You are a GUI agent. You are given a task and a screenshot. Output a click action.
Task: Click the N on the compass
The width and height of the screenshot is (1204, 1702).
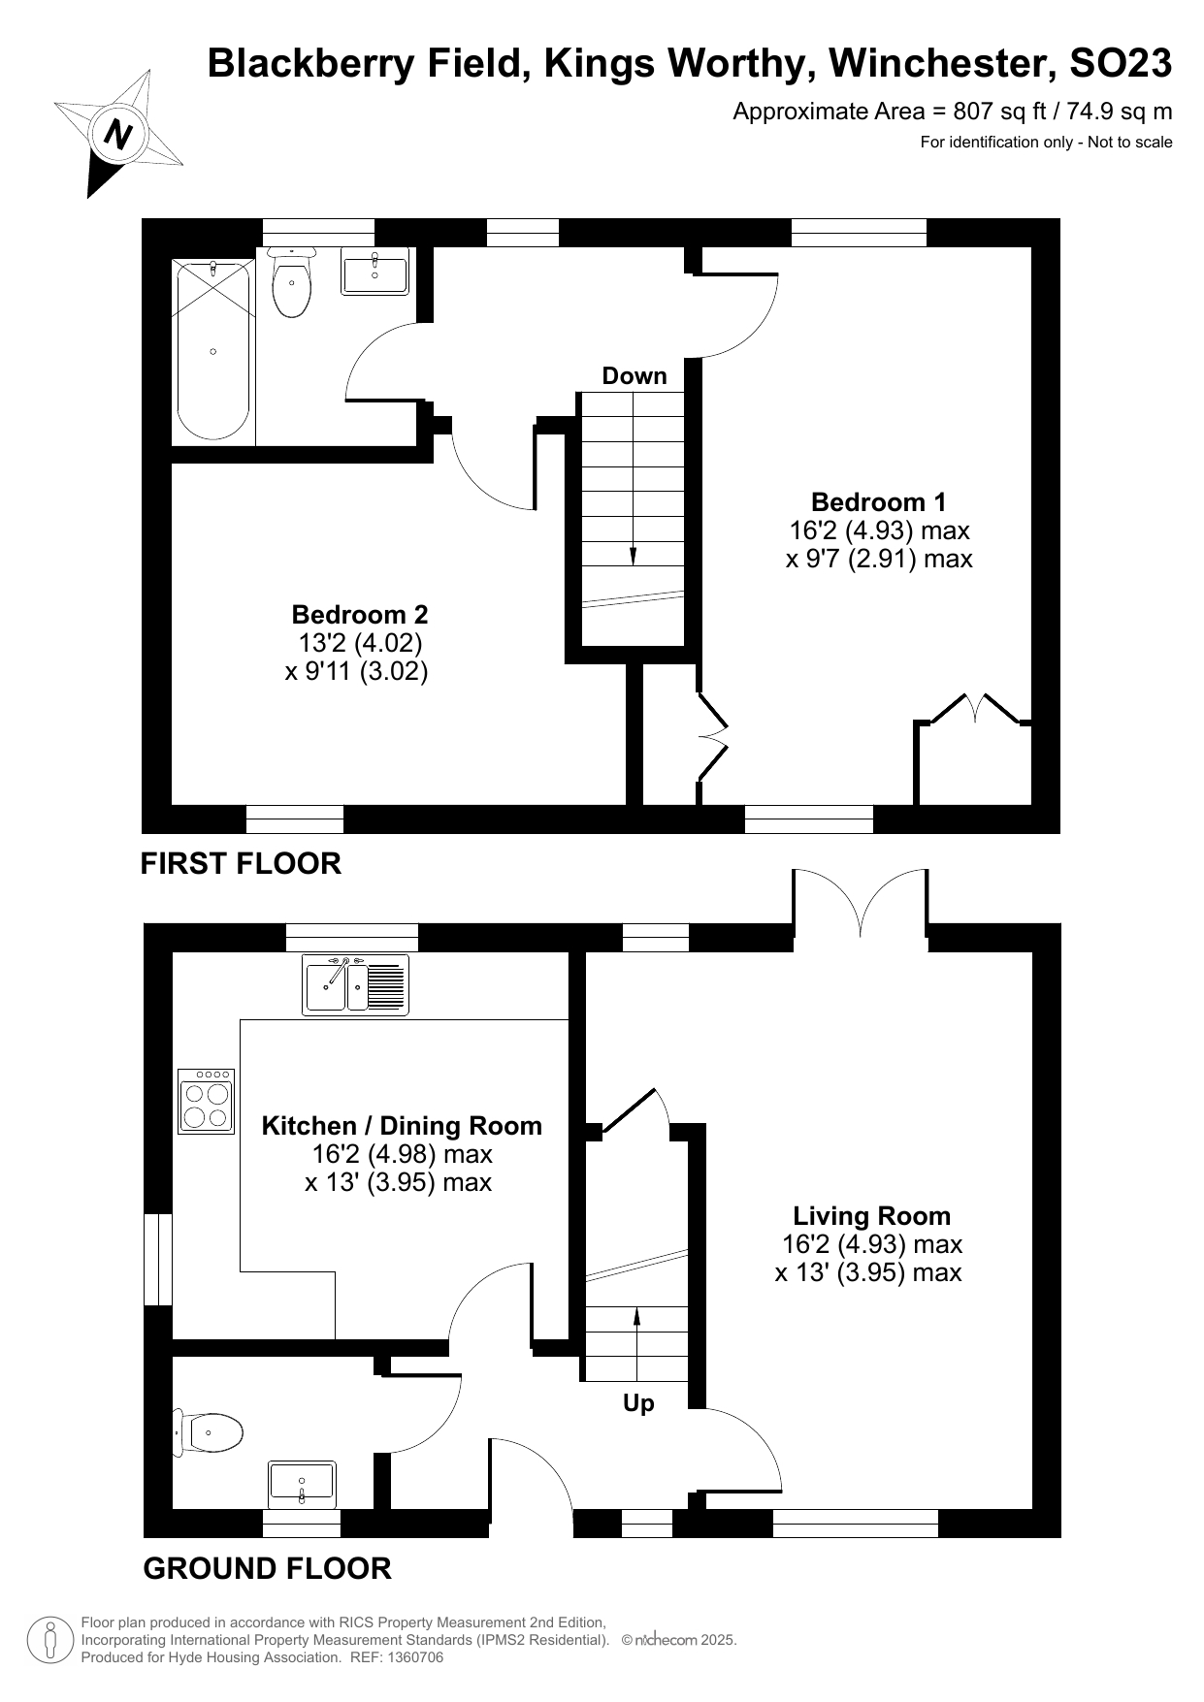(x=118, y=133)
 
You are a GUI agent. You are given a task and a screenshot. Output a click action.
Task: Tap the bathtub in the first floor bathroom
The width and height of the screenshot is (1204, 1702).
(x=212, y=350)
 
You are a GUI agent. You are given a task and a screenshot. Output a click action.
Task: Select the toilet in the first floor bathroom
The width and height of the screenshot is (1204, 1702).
(x=291, y=282)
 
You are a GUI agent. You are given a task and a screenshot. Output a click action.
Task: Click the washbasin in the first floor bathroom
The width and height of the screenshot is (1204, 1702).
(x=374, y=273)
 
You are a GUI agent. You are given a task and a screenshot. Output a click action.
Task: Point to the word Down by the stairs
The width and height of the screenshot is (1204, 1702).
(x=635, y=376)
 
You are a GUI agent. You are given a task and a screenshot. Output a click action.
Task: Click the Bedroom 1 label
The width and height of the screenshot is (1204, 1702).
(x=878, y=502)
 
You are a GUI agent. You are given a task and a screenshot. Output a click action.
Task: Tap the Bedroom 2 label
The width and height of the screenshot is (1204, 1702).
(x=359, y=615)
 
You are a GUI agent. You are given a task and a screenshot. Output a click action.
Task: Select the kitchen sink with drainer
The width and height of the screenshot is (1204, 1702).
(x=355, y=984)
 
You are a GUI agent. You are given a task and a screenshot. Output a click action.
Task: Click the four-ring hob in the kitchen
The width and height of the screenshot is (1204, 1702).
(x=207, y=1101)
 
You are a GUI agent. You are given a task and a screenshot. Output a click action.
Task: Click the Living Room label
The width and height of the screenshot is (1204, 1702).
(x=871, y=1216)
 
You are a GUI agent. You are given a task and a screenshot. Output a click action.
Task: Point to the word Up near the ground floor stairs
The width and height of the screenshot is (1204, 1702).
(x=638, y=1403)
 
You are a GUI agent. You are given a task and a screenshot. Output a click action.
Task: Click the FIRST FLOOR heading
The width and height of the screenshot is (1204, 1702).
(x=241, y=863)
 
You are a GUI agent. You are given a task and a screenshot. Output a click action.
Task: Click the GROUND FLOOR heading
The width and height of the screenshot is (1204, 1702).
(x=267, y=1568)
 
